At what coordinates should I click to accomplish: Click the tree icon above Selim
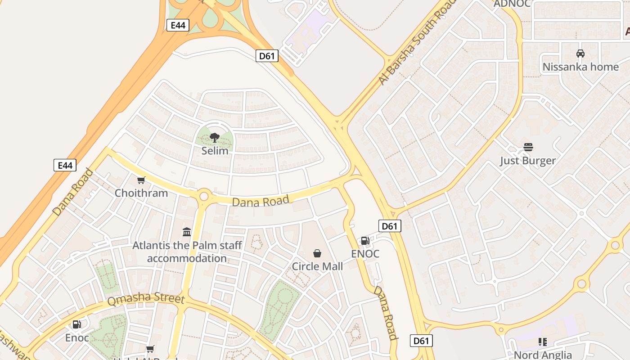pyautogui.click(x=215, y=137)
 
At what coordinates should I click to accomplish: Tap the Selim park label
pyautogui.click(x=215, y=151)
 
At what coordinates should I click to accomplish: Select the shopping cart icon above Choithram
pyautogui.click(x=141, y=180)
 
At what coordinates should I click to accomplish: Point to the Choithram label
pyautogui.click(x=141, y=193)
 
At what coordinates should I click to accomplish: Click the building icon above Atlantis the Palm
pyautogui.click(x=187, y=232)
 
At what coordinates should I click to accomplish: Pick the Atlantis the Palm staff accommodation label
pyautogui.click(x=187, y=252)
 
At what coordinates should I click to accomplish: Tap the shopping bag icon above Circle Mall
pyautogui.click(x=317, y=253)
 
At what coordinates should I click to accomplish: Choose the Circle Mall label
pyautogui.click(x=317, y=266)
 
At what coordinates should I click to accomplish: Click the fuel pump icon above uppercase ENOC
pyautogui.click(x=365, y=241)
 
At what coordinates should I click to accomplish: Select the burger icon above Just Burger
pyautogui.click(x=528, y=147)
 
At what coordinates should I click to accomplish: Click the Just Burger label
pyautogui.click(x=528, y=161)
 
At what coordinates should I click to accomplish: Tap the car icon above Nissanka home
pyautogui.click(x=580, y=54)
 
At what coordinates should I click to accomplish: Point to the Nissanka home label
pyautogui.click(x=580, y=67)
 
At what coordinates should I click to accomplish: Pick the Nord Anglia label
pyautogui.click(x=543, y=355)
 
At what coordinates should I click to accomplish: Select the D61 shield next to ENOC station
pyautogui.click(x=389, y=226)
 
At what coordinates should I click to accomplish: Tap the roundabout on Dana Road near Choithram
pyautogui.click(x=204, y=196)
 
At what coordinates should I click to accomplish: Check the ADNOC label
pyautogui.click(x=512, y=4)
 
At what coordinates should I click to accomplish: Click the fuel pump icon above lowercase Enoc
pyautogui.click(x=77, y=324)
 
